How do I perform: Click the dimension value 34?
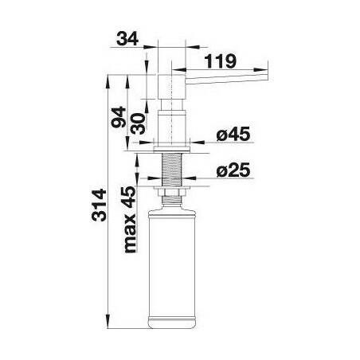(x=127, y=39)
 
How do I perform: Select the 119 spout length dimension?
(x=220, y=61)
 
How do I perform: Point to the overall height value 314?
(x=99, y=205)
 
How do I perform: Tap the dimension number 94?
(x=119, y=117)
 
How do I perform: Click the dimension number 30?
(x=139, y=123)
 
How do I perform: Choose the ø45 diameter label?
(x=233, y=134)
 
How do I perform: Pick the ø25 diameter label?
(x=233, y=170)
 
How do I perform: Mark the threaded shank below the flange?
(x=172, y=170)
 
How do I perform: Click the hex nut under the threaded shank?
(x=172, y=191)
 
